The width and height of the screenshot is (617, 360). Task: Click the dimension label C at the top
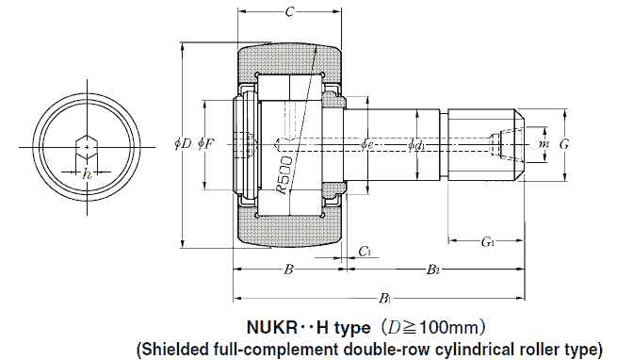pos(289,12)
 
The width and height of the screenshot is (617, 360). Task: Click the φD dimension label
pos(183,144)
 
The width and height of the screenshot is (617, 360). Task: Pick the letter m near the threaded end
pos(543,144)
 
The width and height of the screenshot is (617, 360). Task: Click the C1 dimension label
pos(365,251)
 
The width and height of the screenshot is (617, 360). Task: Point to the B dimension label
pos(289,270)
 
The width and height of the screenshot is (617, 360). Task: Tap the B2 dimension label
pos(431,270)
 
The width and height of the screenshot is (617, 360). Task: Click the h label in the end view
pos(87,173)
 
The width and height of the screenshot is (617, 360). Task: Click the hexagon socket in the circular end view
pos(87,146)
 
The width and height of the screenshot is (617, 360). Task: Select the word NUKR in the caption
pos(273,329)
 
